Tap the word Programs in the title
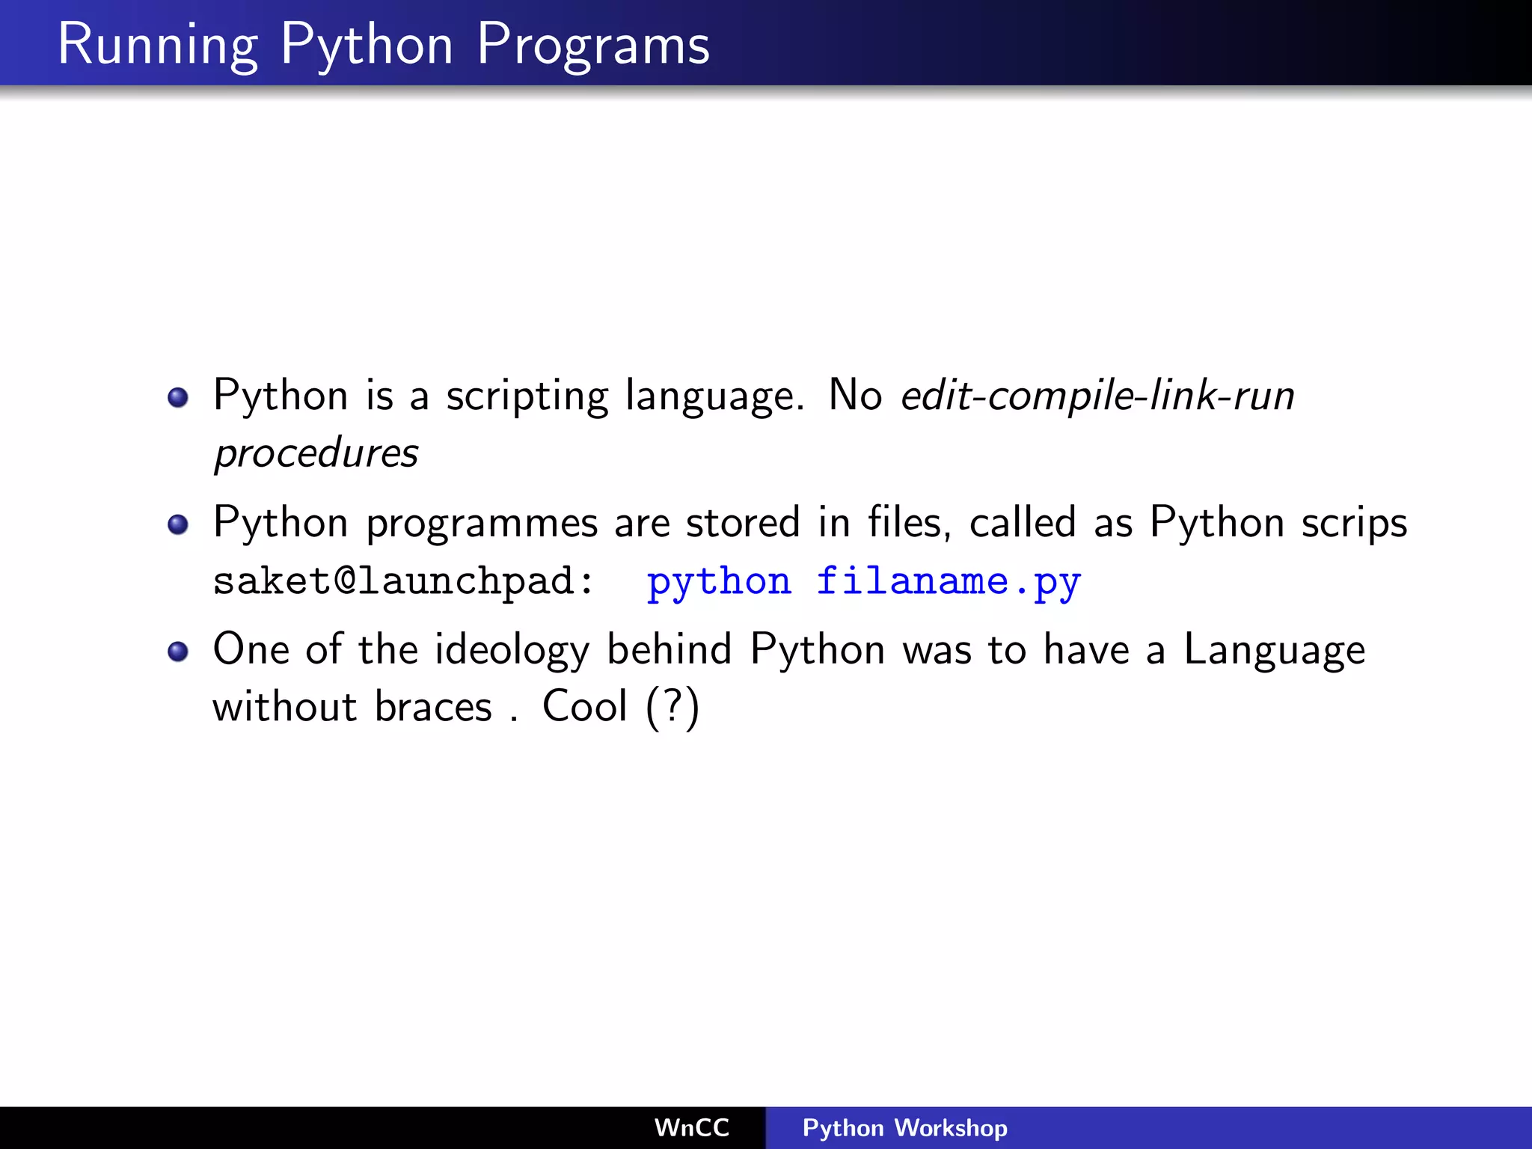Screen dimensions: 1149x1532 [x=592, y=45]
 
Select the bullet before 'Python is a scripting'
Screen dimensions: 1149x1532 [x=178, y=397]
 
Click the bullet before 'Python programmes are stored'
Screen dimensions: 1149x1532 [x=178, y=524]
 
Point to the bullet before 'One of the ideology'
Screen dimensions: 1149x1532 [x=178, y=652]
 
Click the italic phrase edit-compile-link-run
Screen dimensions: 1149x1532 [x=1097, y=396]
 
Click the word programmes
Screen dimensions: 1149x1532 [x=482, y=524]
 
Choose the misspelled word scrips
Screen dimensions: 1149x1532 [x=1354, y=524]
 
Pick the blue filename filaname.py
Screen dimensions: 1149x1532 [x=948, y=582]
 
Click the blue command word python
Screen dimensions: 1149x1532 [x=719, y=582]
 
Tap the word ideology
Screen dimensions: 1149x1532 [x=512, y=650]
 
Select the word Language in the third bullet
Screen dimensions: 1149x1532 [x=1274, y=650]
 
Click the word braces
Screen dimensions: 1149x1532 [x=433, y=707]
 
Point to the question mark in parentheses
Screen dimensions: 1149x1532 [x=672, y=705]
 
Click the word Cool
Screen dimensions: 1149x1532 [x=584, y=706]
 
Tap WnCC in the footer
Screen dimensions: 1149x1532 [x=691, y=1128]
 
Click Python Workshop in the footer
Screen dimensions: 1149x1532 [x=904, y=1128]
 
